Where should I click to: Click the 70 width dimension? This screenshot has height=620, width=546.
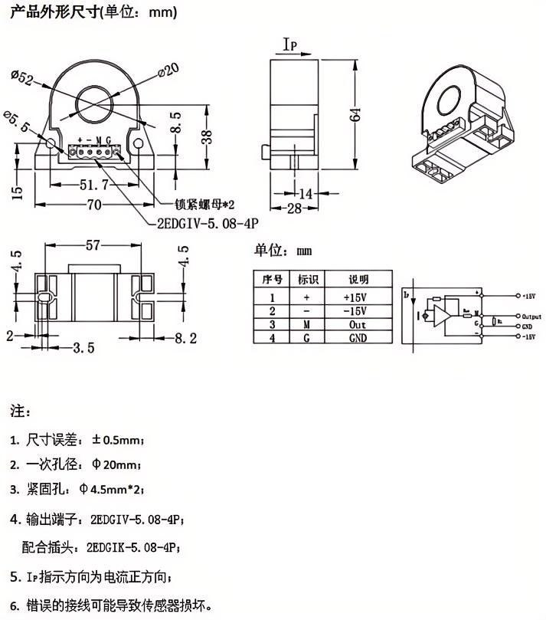[94, 205]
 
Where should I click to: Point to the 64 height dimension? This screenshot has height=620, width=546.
[355, 115]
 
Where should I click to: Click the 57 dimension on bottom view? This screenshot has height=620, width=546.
[93, 246]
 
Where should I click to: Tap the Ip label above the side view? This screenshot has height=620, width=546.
[292, 47]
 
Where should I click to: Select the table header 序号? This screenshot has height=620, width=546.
[273, 280]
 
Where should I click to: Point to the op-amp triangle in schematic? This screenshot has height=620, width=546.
[443, 316]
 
